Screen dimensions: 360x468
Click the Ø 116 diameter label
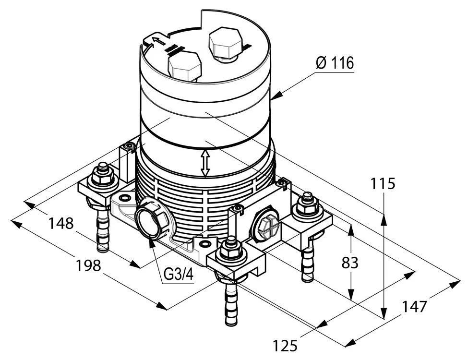[335, 63]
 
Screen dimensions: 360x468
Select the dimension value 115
[384, 184]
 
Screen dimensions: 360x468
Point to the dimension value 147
[414, 306]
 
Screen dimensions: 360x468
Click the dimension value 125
[286, 345]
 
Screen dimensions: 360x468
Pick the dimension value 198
[89, 265]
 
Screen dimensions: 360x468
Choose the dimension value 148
[61, 223]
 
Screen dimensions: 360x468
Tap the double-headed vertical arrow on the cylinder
[205, 162]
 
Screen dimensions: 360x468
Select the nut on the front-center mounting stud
[231, 249]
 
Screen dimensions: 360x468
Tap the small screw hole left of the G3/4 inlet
[126, 198]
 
